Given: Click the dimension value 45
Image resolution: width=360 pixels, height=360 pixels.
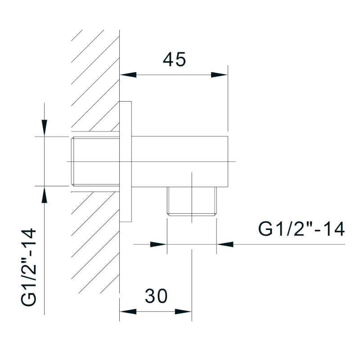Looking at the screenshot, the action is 174,60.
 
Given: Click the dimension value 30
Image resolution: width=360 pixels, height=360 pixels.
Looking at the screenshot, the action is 156,296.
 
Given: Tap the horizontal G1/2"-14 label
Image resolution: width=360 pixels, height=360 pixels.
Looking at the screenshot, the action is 301,229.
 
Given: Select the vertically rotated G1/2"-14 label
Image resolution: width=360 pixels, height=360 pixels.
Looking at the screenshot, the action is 29,267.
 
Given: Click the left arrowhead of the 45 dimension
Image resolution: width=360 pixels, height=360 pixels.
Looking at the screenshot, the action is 128,75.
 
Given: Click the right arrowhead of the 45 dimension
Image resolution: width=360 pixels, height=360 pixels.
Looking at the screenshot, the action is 219,75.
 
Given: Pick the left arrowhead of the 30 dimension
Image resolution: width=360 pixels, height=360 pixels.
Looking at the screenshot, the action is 128,311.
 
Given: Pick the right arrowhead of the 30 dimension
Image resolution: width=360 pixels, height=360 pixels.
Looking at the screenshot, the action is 183,311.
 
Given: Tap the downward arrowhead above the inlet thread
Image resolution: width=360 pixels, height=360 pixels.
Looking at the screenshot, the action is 44,128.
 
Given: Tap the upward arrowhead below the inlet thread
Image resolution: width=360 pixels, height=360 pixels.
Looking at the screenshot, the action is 44,194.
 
